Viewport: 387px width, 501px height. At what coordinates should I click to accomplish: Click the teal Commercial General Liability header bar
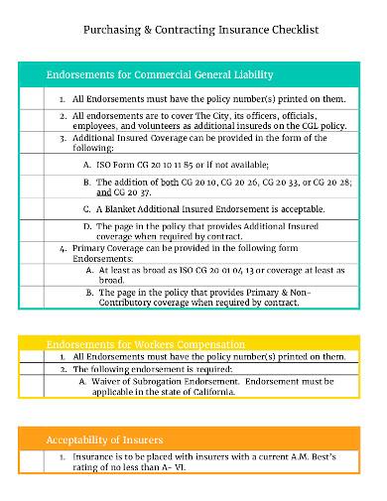point(193,75)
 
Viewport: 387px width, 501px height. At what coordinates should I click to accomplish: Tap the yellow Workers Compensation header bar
point(193,344)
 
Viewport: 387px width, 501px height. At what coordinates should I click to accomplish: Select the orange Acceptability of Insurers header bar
point(193,438)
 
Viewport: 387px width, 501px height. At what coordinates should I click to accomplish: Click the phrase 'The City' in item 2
point(221,115)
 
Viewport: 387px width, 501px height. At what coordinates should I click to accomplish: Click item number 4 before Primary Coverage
point(63,248)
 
